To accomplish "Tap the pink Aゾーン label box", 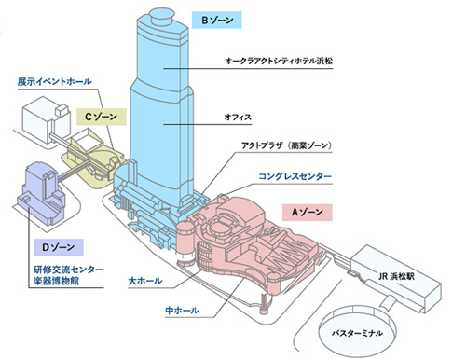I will coord(308,213).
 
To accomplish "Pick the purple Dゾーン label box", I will coord(58,247).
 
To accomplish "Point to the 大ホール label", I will coord(146,279).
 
